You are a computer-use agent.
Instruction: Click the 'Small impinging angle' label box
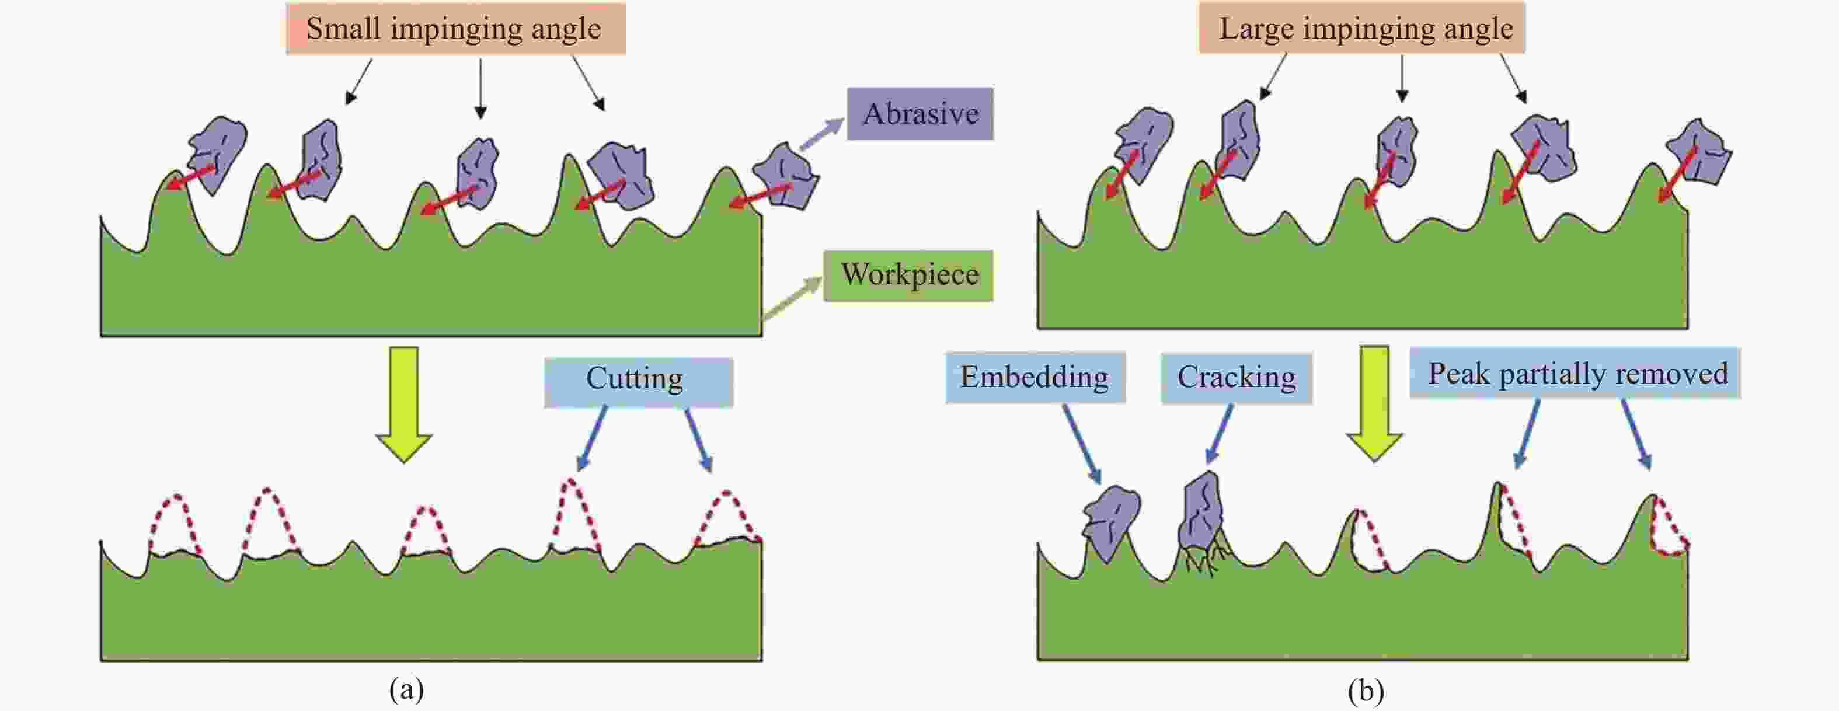pos(455,29)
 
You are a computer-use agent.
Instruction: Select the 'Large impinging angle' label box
pos(1361,28)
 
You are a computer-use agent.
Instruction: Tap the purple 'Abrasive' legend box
pos(920,113)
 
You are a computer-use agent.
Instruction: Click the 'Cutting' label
pos(638,382)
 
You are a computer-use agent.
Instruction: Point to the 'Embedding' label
pos(1035,378)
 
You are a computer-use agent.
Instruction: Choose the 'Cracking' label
pos(1237,378)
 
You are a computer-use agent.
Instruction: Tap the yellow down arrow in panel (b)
pos(1374,404)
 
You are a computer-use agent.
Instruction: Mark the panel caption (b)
pos(1366,691)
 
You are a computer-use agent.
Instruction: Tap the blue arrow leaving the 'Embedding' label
pos(1082,444)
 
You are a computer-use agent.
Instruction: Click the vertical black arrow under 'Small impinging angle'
pos(480,89)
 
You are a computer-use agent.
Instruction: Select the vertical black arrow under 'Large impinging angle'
pos(1402,79)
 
